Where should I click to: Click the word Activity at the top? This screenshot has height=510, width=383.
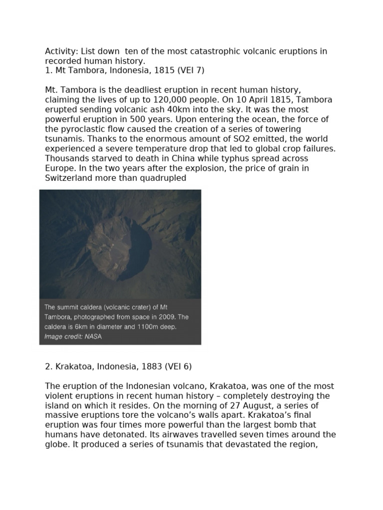coord(60,51)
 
